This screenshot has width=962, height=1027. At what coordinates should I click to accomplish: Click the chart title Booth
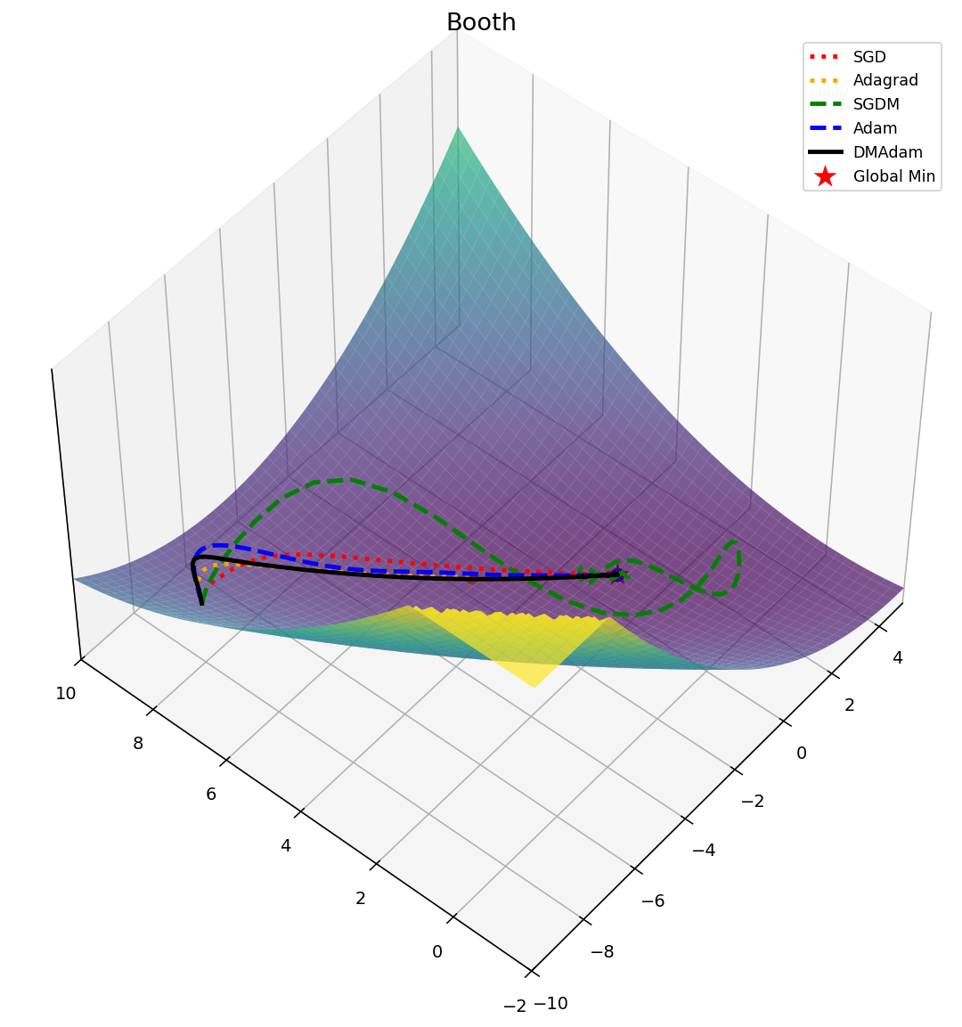pos(481,22)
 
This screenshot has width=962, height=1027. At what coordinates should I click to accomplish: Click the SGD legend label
pos(869,57)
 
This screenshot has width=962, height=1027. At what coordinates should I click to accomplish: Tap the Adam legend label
pos(876,128)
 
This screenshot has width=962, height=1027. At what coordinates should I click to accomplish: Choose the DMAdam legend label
pos(888,152)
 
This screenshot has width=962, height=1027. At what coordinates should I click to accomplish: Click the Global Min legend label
pos(894,176)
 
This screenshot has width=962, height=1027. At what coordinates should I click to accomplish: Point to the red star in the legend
pos(825,175)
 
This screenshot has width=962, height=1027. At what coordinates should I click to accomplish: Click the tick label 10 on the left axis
pos(65,694)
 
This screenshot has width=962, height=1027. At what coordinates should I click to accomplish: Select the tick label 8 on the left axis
pos(137,744)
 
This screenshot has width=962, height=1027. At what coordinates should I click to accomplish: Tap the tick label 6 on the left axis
pos(211,795)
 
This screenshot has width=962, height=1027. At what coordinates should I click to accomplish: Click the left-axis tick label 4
pos(286,845)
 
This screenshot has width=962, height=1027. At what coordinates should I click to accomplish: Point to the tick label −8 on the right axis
pos(604,952)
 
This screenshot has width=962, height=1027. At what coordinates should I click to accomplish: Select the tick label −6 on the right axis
pos(653,901)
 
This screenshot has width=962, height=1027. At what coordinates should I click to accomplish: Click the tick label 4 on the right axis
pos(898,658)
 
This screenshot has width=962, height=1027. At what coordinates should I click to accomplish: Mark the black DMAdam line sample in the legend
pos(825,152)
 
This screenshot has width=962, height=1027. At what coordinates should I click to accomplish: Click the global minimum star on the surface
pos(618,574)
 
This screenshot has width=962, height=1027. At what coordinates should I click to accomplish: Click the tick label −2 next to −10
pos(515,1007)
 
